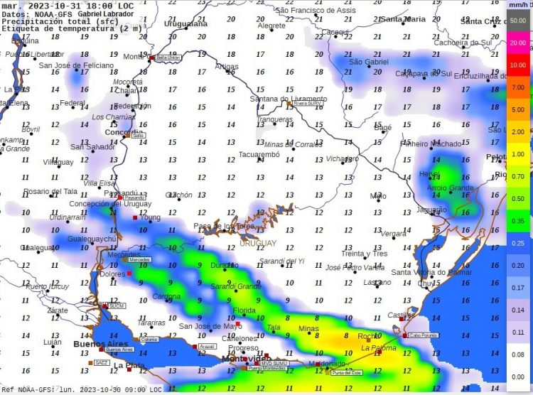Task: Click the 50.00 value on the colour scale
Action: [x=517, y=21]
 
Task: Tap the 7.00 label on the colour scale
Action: [x=517, y=87]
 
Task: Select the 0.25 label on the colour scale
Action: [x=517, y=242]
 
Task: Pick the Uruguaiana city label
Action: [x=185, y=23]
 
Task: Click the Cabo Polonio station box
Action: [x=421, y=335]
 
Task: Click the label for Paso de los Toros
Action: [x=224, y=226]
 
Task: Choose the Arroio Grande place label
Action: [x=450, y=188]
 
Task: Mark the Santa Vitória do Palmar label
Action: [x=432, y=272]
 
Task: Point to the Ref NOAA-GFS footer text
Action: [x=28, y=389]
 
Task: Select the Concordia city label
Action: [x=124, y=132]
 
